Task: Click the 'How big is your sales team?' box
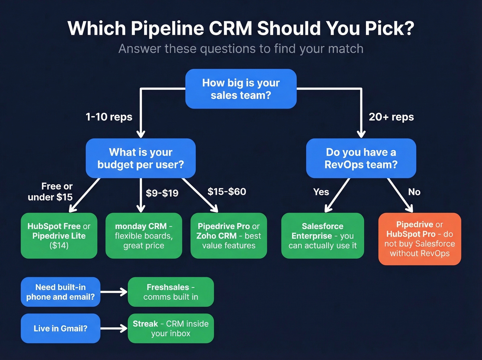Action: click(x=241, y=89)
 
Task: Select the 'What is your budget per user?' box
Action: click(x=140, y=158)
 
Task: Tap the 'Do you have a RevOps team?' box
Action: click(x=361, y=158)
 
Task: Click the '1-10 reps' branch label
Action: click(x=109, y=117)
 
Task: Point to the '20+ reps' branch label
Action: click(x=391, y=117)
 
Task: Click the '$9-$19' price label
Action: click(x=162, y=193)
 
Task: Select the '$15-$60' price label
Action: click(x=227, y=192)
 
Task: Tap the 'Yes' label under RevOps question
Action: click(x=321, y=192)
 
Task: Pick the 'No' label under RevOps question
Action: click(x=414, y=192)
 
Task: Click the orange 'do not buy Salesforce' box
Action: click(x=419, y=239)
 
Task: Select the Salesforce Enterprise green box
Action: click(x=323, y=236)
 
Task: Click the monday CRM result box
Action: click(x=144, y=236)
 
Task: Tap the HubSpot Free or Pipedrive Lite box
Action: click(x=59, y=236)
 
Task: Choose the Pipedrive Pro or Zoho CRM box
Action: click(x=229, y=236)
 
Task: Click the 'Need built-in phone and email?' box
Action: click(x=60, y=292)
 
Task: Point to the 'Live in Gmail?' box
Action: click(x=60, y=328)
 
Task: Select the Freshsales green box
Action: click(x=170, y=292)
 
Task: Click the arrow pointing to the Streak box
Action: click(x=114, y=328)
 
